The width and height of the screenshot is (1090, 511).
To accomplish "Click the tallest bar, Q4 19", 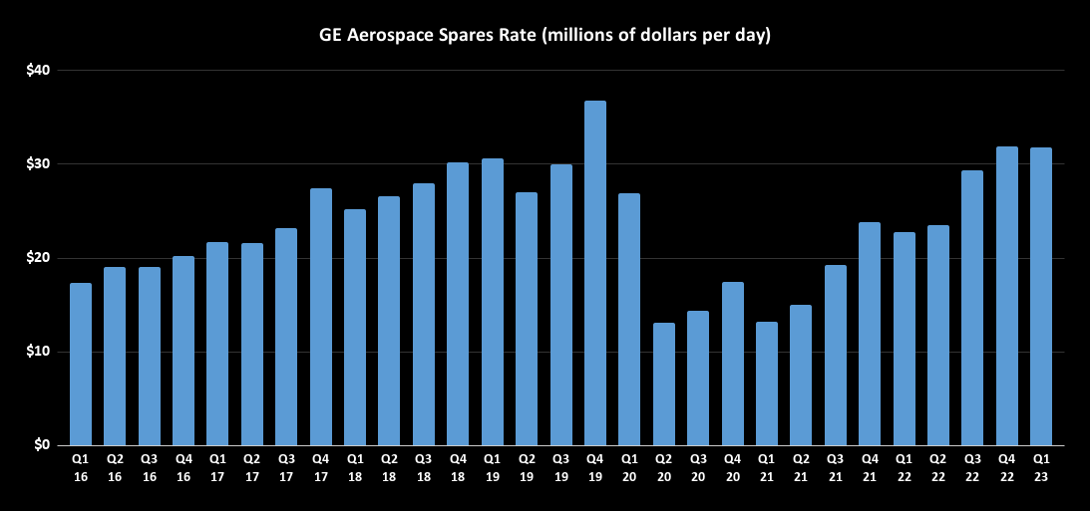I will (595, 273).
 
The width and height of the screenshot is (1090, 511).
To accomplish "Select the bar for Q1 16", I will (81, 365).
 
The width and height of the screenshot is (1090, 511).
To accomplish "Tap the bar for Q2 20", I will (663, 383).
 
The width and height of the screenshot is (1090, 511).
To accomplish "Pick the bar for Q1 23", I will (1040, 297).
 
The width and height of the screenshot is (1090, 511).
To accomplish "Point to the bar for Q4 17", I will (321, 317).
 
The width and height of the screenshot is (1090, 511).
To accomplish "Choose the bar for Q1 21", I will (766, 383).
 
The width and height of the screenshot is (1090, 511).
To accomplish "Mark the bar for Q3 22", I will (971, 308).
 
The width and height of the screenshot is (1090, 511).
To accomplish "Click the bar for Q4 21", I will (869, 334).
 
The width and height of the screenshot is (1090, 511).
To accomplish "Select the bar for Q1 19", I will (492, 302).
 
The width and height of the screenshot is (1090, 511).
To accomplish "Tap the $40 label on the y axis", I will (40, 70).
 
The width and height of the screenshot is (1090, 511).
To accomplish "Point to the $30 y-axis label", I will (40, 163).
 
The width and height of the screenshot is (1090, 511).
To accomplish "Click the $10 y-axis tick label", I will (40, 352).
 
